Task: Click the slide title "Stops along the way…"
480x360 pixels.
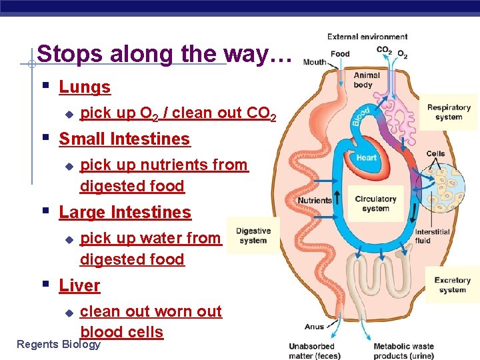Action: (x=164, y=54)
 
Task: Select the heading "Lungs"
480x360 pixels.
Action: (x=85, y=87)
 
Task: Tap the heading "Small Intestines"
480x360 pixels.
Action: (x=124, y=139)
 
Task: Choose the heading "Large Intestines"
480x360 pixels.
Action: (x=125, y=212)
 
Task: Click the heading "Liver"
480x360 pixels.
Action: (x=79, y=285)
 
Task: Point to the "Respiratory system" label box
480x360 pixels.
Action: (x=448, y=112)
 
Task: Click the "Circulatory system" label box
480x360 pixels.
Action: (x=375, y=203)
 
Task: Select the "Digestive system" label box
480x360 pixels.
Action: (x=253, y=235)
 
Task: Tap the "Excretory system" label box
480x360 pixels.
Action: (x=452, y=285)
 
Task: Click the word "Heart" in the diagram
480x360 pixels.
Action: (x=366, y=158)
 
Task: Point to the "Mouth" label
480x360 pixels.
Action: (x=315, y=62)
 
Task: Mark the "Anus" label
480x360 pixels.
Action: (x=314, y=327)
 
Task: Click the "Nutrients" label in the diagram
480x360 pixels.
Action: (x=315, y=200)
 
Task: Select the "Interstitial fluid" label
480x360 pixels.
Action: (x=432, y=236)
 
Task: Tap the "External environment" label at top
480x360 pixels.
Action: (x=367, y=37)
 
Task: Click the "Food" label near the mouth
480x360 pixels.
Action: (x=340, y=54)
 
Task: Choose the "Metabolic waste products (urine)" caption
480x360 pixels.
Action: (x=403, y=350)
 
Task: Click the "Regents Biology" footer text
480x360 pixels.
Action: (x=58, y=344)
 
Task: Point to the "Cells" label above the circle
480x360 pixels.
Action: (x=435, y=153)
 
